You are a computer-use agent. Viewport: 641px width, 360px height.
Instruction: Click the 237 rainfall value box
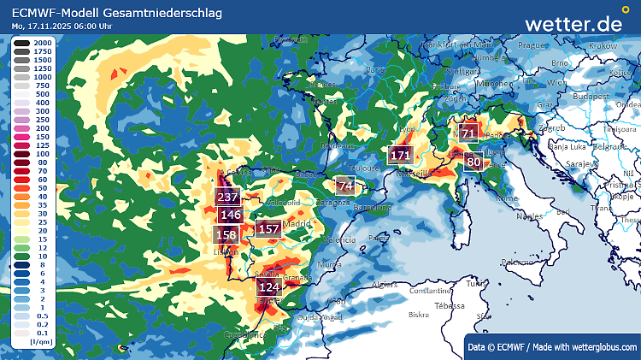227,197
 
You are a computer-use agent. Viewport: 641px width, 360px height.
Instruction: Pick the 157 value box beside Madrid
268,228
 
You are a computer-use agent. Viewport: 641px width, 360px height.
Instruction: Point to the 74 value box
345,186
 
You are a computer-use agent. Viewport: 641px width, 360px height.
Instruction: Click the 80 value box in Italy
473,162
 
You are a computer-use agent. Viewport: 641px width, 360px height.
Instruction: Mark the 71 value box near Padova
468,134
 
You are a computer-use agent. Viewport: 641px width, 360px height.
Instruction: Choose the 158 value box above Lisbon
226,234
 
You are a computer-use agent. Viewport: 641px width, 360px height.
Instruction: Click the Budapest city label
590,97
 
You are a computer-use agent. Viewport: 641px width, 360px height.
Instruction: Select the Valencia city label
339,241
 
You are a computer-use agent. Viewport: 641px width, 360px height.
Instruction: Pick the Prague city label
532,45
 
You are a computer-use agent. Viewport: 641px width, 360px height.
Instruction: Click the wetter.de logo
573,23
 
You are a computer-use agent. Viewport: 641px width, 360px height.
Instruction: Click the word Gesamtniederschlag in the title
171,13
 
